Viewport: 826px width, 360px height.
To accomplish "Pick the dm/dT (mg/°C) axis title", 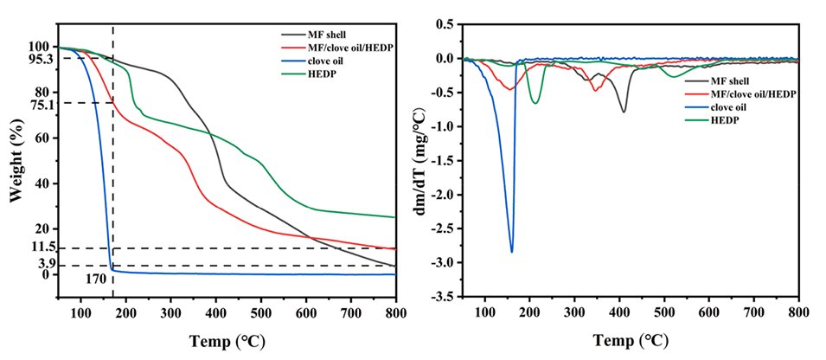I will tap(421, 164).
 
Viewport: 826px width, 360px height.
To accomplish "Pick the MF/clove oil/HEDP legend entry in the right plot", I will tap(740, 93).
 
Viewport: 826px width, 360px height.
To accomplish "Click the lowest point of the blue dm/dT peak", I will tap(512, 252).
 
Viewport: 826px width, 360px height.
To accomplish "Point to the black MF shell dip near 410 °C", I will tap(624, 112).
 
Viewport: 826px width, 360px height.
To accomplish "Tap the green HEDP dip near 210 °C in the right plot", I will tap(535, 104).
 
